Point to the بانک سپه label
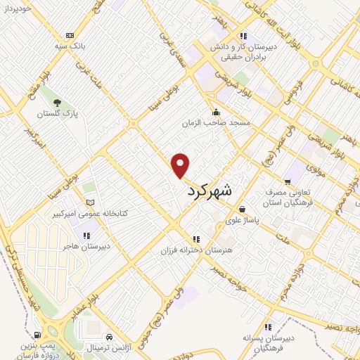[x=70, y=47]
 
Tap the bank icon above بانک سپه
[x=70, y=35]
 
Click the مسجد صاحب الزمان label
[x=216, y=123]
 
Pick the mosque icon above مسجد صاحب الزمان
[x=216, y=112]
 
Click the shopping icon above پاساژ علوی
[x=242, y=209]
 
